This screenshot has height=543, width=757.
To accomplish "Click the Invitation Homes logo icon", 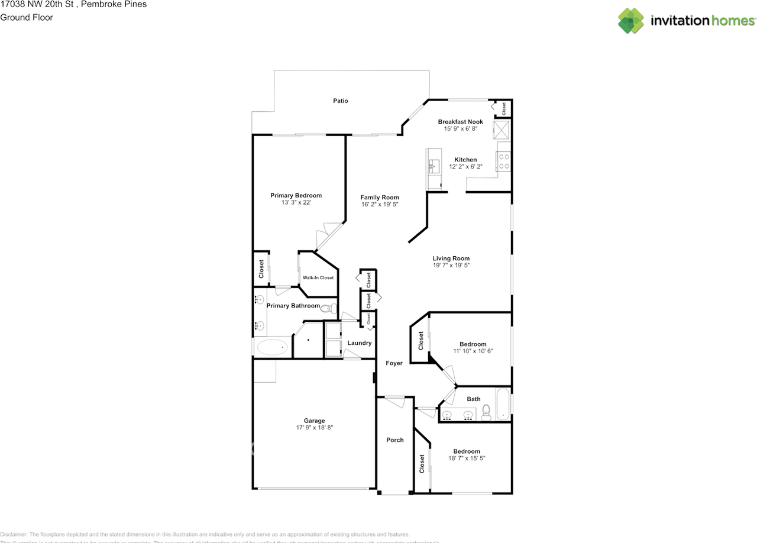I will (631, 21).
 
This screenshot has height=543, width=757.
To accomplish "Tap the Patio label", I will (340, 101).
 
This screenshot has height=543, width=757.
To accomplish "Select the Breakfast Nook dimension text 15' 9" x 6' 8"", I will (460, 129).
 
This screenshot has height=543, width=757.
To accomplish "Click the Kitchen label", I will (465, 160).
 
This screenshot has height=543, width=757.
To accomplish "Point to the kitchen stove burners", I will (504, 161).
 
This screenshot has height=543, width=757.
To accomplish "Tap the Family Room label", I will (380, 198).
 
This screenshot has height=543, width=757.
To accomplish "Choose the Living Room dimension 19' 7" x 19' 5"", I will (451, 266).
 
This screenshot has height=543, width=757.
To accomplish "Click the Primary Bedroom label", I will (296, 196).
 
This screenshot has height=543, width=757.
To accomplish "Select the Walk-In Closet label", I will (318, 277).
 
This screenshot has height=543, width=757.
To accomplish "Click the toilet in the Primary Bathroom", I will (329, 308).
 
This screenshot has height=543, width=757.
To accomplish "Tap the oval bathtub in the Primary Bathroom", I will (272, 347).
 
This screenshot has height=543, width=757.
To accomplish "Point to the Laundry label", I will (359, 343).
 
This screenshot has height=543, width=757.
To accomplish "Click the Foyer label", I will (394, 363).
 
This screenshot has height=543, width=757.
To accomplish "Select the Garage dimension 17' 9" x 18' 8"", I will (315, 428).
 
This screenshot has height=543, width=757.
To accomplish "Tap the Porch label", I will (394, 440).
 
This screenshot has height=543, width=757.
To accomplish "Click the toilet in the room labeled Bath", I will (487, 413).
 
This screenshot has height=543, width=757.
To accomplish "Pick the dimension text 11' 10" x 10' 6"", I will (473, 351).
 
